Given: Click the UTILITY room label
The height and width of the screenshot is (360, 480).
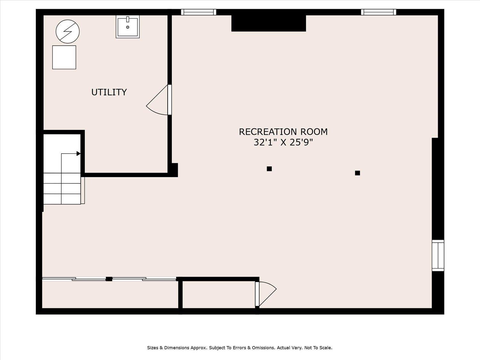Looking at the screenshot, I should click(109, 92).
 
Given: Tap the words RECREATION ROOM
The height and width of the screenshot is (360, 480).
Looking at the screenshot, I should click(283, 132).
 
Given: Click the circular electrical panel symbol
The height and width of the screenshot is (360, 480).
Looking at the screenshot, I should click(68, 31).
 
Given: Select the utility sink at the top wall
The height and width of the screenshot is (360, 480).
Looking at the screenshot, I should click(128, 27).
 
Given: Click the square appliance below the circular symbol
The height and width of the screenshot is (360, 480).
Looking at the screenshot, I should click(64, 57).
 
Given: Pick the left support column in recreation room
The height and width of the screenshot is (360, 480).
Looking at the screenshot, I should click(269, 169).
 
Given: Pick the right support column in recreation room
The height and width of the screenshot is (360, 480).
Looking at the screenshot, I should click(357, 173).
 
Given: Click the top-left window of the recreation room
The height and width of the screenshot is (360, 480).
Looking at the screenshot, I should click(198, 12).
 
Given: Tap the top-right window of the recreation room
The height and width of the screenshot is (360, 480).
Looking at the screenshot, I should click(379, 12).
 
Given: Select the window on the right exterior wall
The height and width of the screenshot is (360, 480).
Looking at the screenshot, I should click(438, 255).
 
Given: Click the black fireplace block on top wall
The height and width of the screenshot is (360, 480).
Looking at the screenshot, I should click(268, 23).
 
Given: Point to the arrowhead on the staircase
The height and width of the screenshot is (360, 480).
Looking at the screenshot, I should click(78, 154).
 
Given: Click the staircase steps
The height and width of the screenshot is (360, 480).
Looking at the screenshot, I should click(62, 188).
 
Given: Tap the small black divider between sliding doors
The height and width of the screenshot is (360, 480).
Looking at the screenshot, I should click(109, 279).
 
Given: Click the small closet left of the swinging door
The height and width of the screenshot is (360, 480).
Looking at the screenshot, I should click(218, 295).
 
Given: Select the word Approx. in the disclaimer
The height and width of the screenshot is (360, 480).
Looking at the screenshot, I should click(199, 348).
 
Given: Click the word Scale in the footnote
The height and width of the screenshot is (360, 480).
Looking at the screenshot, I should click(325, 348).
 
